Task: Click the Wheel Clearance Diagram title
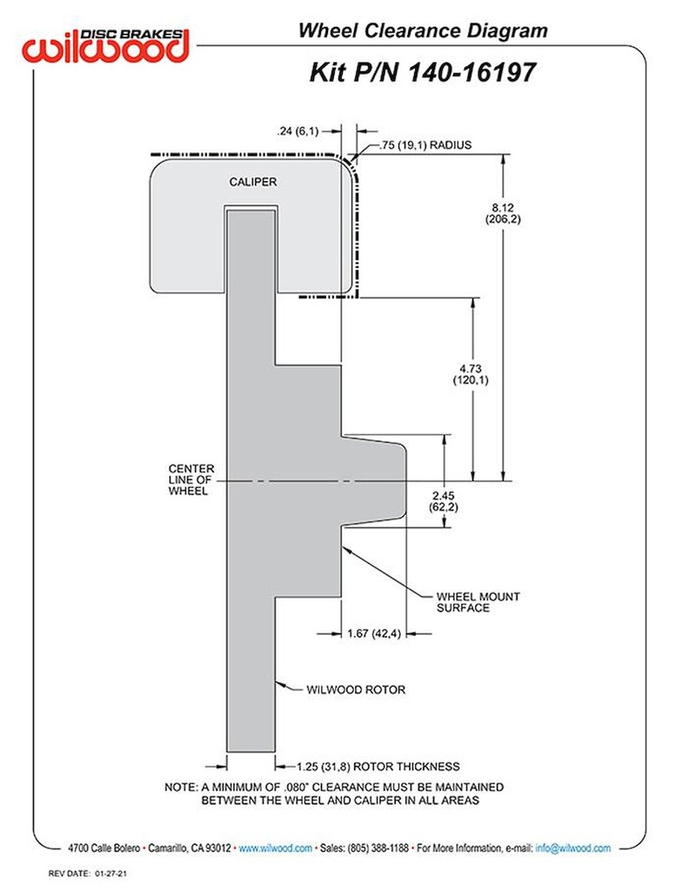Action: coord(423,30)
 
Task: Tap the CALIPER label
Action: coord(252,182)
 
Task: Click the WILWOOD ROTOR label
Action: coord(356,689)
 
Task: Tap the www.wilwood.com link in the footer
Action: coord(276,847)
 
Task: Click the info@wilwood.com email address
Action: coord(573,847)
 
